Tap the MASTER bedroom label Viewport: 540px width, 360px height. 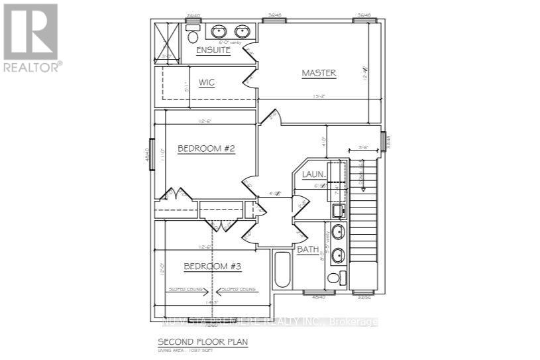[319, 73]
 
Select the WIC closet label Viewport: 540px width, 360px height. [206, 83]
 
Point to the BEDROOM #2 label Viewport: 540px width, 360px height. [206, 149]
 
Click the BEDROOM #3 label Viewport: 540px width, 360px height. [212, 266]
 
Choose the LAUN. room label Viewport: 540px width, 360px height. [313, 174]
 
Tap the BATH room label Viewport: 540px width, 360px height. [307, 250]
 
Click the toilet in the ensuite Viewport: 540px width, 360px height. [193, 35]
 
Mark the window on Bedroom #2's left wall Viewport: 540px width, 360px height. [152, 154]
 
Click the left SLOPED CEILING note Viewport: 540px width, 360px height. [185, 289]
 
